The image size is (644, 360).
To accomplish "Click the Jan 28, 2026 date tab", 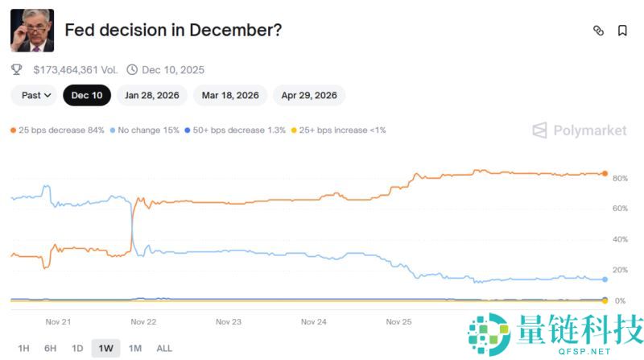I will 152,95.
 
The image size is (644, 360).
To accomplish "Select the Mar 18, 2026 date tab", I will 230,95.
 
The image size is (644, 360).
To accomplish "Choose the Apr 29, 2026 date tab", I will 309,95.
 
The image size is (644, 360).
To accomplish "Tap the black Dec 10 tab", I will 87,95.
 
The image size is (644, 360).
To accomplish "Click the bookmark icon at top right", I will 622,31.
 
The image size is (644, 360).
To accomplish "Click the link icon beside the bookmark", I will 598,31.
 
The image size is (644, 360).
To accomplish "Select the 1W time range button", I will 105,348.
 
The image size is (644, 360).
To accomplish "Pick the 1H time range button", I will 23,348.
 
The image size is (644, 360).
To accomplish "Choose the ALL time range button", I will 163,348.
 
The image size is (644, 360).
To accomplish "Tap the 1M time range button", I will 134,348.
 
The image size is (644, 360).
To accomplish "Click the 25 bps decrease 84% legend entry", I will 57,130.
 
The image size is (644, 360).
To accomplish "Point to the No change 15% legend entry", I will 147,130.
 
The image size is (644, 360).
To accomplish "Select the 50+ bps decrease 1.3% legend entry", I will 235,130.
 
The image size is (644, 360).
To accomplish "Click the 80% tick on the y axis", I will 620,178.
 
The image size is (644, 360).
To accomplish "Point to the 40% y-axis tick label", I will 620,239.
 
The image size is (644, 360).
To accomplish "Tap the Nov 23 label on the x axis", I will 229,321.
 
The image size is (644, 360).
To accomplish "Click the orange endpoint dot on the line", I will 605,173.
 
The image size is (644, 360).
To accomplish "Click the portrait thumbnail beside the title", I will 32,31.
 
